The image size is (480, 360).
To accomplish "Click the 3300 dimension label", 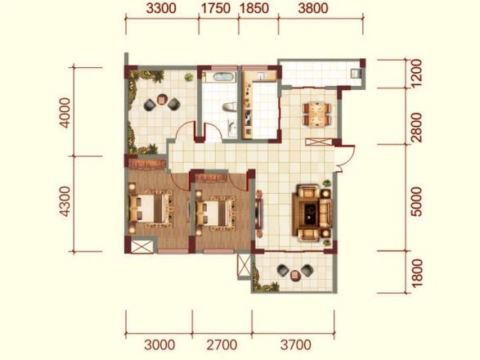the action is [x=161, y=8].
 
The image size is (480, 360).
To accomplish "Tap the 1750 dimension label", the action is [x=216, y=8].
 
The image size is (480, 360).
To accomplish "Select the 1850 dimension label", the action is [x=254, y=8].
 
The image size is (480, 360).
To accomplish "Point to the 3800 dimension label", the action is [x=313, y=8].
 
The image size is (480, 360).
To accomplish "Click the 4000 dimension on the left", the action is [x=65, y=112].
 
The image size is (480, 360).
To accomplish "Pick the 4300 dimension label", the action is [x=65, y=201].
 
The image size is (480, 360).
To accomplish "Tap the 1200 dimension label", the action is [x=416, y=74].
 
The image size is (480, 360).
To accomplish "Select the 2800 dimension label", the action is [x=416, y=128].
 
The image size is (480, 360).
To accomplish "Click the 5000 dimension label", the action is [x=416, y=202].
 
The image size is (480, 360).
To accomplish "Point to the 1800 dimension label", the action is [x=417, y=273].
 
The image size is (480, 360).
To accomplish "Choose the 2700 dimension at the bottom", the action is [x=222, y=345].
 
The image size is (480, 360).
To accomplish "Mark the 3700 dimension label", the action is [x=296, y=345].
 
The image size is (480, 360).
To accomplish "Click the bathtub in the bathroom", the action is [x=223, y=76].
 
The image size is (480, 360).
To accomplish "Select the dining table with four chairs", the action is [x=316, y=115].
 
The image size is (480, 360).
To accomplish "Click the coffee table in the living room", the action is [x=311, y=211].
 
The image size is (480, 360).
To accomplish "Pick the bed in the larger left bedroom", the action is [x=150, y=209].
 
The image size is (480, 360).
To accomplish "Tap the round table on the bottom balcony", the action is [x=295, y=275].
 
